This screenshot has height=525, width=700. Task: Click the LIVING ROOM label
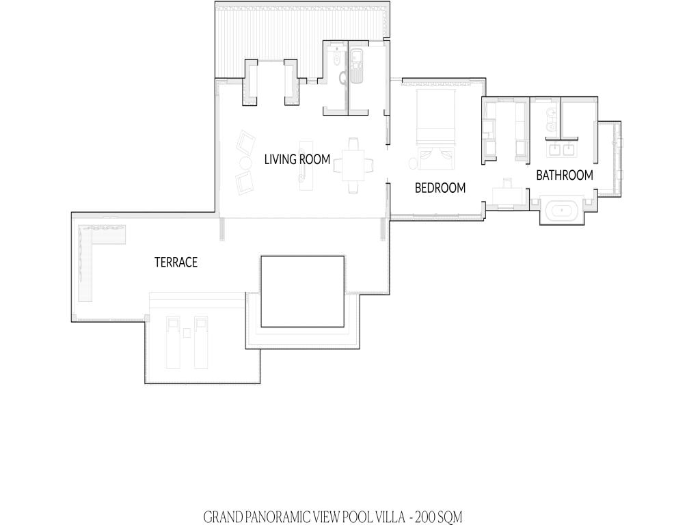click(x=297, y=159)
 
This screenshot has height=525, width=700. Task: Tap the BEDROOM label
click(x=440, y=188)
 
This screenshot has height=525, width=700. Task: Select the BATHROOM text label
click(x=565, y=175)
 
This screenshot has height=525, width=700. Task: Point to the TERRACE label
click(x=176, y=262)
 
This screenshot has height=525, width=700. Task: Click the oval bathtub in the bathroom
click(x=562, y=210)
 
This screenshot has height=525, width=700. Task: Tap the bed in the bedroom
click(x=436, y=117)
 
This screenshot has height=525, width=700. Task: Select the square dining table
click(x=356, y=165)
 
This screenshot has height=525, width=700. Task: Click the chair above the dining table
click(x=353, y=144)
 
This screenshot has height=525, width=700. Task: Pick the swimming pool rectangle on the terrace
click(x=303, y=291)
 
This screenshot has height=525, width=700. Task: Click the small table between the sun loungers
click(x=187, y=333)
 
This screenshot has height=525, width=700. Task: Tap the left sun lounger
click(x=173, y=342)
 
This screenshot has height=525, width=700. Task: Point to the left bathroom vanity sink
click(x=554, y=149)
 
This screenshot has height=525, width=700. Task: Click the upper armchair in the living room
click(x=246, y=142)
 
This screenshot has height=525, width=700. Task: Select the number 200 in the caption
click(x=425, y=517)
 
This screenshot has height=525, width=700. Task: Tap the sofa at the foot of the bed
click(x=436, y=159)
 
